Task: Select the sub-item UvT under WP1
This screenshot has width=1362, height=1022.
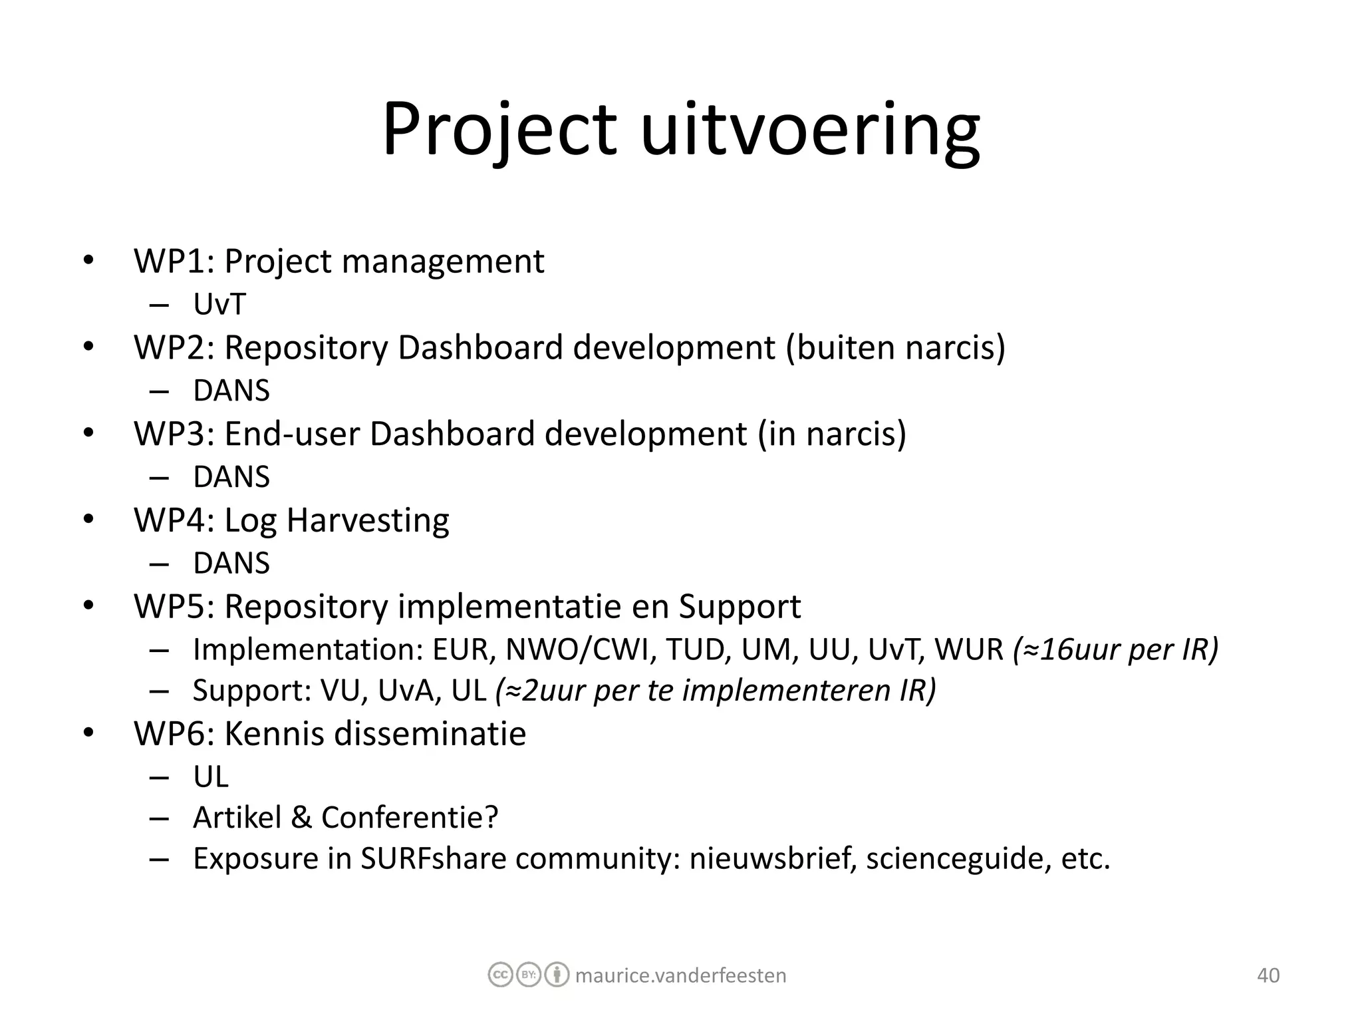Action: (219, 304)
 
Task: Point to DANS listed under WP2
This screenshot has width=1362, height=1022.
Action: (231, 391)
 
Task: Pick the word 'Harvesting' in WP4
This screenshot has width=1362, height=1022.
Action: (368, 520)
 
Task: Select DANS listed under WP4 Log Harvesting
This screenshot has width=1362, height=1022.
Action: (231, 564)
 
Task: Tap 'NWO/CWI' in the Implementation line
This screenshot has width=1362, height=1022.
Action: (577, 649)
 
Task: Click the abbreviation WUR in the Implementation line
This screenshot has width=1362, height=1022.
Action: (969, 649)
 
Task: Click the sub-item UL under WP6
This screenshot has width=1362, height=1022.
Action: (211, 776)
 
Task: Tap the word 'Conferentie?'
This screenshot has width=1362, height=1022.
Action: (410, 818)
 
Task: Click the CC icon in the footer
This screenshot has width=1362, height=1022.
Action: (500, 975)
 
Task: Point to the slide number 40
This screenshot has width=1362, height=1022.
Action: (1268, 975)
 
